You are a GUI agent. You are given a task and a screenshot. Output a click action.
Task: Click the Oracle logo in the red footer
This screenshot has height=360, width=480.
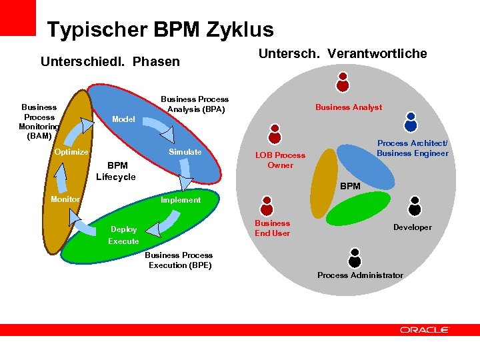(425, 329)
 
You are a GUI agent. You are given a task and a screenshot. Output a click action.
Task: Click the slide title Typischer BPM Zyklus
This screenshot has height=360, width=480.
(160, 30)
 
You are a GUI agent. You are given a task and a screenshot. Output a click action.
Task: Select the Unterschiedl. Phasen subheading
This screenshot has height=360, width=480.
(110, 62)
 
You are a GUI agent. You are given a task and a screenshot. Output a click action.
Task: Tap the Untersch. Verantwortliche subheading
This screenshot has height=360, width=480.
(343, 54)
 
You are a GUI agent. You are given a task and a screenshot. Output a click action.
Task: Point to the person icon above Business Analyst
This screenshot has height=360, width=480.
(343, 82)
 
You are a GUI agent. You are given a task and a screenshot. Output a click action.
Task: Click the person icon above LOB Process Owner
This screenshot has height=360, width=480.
(274, 134)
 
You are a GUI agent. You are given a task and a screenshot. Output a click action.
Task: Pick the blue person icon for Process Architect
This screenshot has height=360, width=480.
(411, 121)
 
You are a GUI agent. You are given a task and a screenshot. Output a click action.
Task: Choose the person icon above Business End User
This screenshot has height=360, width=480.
(267, 205)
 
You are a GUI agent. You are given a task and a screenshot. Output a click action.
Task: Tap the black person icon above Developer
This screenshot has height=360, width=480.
(415, 206)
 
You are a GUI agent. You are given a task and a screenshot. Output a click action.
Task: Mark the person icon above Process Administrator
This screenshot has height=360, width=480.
(355, 257)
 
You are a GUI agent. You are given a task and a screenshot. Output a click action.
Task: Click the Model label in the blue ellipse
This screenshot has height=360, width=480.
(123, 119)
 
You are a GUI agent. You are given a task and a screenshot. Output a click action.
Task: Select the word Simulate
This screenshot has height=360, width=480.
(185, 152)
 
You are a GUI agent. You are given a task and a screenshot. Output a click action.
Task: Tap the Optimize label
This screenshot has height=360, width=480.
(71, 152)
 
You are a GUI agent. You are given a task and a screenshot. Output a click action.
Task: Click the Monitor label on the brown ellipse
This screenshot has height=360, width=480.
(65, 199)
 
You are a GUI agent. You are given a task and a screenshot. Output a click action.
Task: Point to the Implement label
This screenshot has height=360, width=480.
(180, 200)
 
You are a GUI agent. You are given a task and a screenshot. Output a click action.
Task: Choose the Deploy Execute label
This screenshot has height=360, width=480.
(123, 235)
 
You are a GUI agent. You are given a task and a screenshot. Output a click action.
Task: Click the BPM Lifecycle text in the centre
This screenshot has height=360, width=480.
(116, 171)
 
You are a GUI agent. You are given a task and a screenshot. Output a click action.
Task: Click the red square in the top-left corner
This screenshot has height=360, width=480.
(18, 17)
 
